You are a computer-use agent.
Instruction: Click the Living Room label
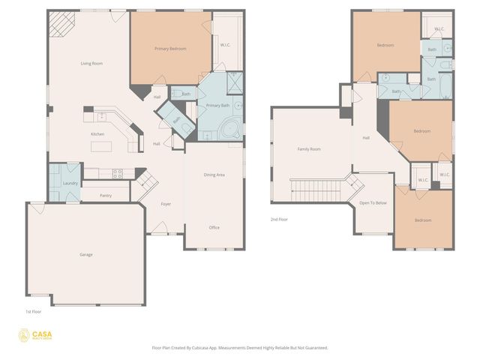(91, 64)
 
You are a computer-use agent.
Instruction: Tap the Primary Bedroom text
(170, 49)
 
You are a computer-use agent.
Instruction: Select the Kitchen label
(97, 134)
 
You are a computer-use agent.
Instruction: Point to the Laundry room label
(70, 183)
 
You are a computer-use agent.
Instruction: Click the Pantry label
(106, 196)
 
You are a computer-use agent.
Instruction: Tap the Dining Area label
(214, 175)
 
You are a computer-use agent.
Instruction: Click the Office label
(214, 227)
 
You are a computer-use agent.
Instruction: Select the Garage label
(86, 255)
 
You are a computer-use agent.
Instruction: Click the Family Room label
(309, 149)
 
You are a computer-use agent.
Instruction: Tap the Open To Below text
(373, 203)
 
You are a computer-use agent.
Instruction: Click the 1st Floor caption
(33, 310)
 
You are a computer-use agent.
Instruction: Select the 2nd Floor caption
(279, 220)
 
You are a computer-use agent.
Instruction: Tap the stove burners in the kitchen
(118, 173)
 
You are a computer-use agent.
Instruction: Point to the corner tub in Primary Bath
(229, 129)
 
